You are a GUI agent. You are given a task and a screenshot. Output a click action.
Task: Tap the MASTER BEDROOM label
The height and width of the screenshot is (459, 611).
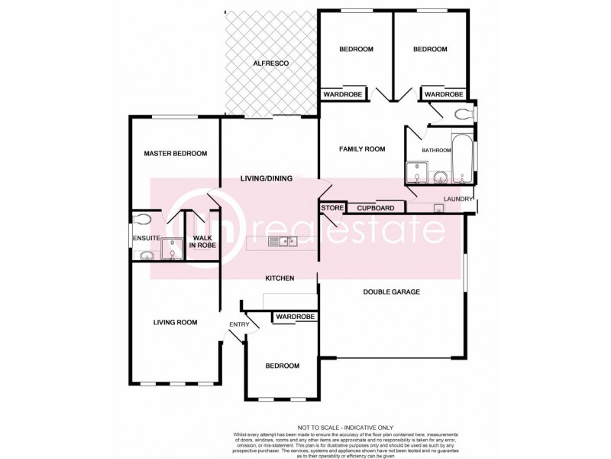coord(176,154)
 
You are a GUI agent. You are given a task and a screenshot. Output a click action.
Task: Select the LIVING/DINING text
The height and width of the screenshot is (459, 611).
coord(267,179)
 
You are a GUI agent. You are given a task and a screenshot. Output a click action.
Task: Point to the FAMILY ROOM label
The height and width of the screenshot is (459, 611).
coord(362,149)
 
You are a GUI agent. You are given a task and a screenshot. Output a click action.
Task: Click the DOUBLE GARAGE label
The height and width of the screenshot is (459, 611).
coord(391,291)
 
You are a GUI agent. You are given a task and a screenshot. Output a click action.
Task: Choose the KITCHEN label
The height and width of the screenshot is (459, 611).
coord(280,278)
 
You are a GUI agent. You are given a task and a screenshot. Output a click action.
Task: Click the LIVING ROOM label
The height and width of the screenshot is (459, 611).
coord(175,323)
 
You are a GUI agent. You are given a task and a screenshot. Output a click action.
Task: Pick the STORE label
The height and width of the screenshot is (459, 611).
coord(331,207)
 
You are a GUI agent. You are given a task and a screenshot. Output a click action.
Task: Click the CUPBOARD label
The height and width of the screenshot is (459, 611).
coord(375,207)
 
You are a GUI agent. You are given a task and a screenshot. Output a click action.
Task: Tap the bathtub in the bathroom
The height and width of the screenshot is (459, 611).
coord(462,161)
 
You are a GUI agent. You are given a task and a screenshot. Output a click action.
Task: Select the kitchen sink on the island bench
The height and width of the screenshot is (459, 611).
coord(283,243)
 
